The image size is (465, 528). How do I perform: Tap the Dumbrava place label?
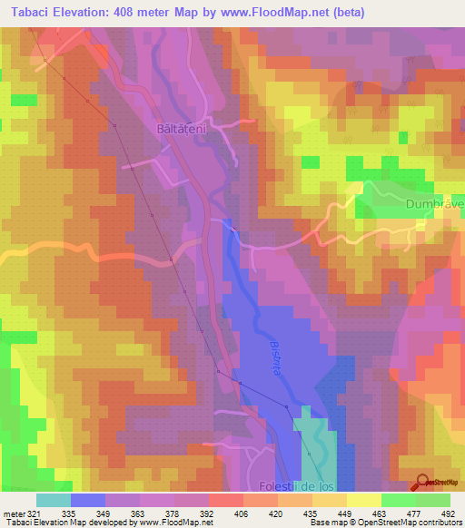[435, 204]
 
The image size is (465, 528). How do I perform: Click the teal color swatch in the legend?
[54, 499]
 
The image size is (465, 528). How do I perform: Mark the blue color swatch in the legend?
[88, 499]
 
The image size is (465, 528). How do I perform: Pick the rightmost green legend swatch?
[433, 499]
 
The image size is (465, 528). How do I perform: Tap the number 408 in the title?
[130, 12]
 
